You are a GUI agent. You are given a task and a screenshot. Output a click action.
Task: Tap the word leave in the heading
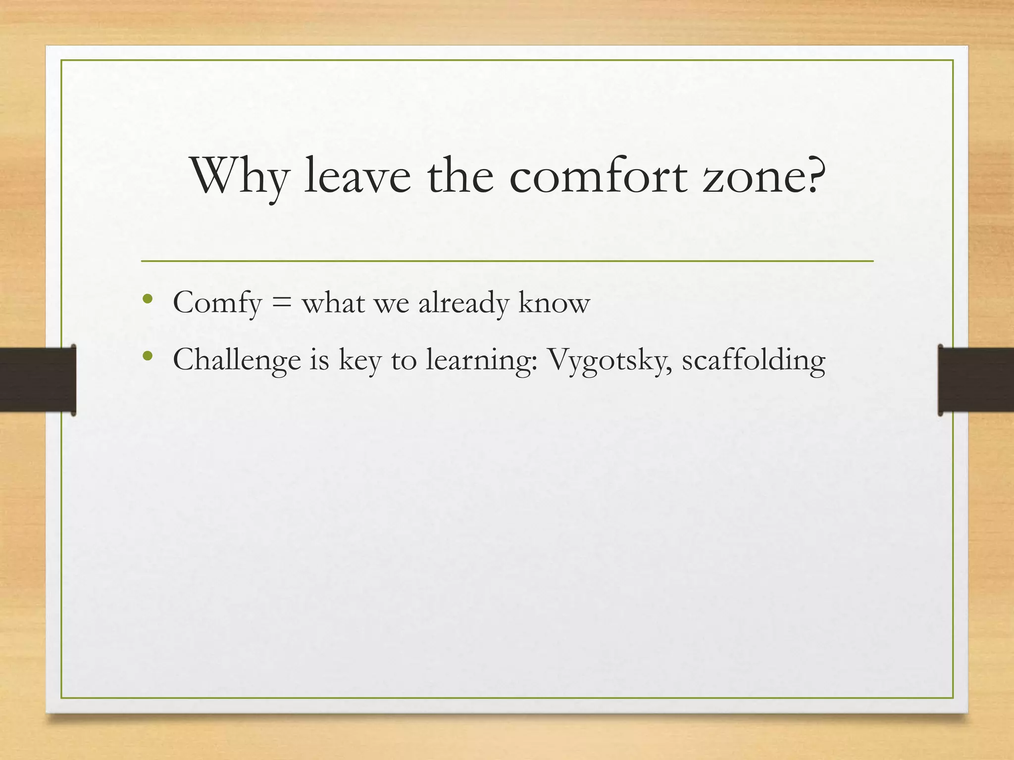click(x=357, y=176)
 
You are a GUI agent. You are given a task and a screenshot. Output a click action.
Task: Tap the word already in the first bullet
click(x=463, y=303)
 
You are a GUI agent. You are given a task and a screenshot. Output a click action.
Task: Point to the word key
click(x=360, y=361)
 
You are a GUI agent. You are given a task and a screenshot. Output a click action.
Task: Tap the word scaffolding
click(x=753, y=360)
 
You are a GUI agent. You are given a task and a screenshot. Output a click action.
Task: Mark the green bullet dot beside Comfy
click(x=147, y=299)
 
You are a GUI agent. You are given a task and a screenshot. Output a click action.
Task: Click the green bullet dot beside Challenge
click(x=147, y=356)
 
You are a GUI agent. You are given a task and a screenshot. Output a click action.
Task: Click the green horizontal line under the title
click(x=507, y=261)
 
